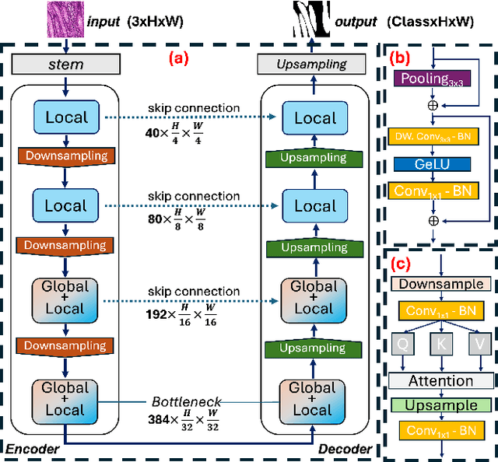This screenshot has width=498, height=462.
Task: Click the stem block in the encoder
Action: click(65, 65)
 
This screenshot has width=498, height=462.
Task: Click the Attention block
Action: click(440, 381)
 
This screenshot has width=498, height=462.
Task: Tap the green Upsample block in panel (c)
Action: click(440, 405)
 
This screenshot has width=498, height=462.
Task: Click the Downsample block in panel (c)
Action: click(440, 284)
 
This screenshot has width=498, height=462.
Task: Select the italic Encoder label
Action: click(32, 450)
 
